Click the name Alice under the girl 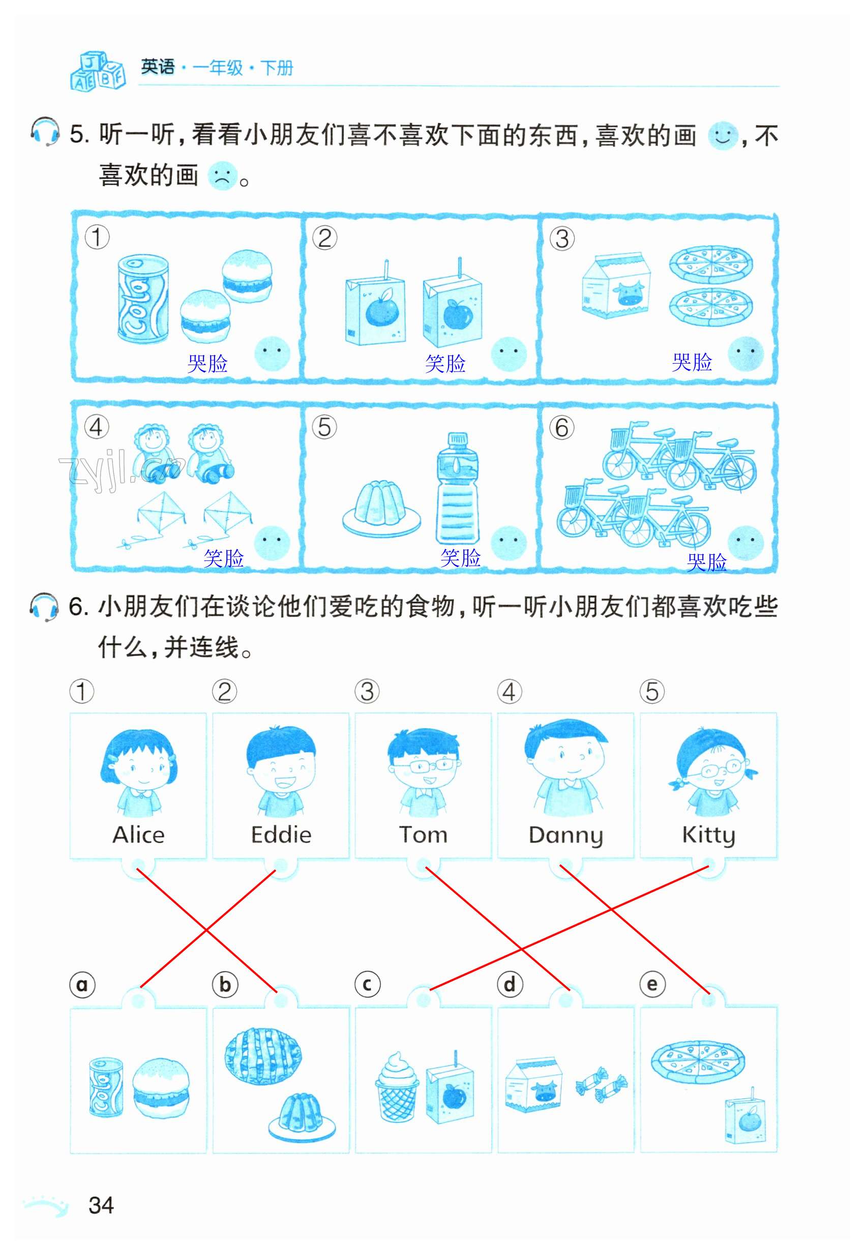tap(139, 835)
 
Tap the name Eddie tap(281, 835)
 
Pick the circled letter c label tap(367, 984)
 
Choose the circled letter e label tap(652, 984)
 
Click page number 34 tap(101, 1205)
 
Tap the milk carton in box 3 tap(616, 286)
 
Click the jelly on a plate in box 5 tap(381, 508)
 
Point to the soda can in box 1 tap(143, 299)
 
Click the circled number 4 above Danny tap(510, 692)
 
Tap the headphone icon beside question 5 tap(44, 132)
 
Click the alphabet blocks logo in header tap(98, 71)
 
